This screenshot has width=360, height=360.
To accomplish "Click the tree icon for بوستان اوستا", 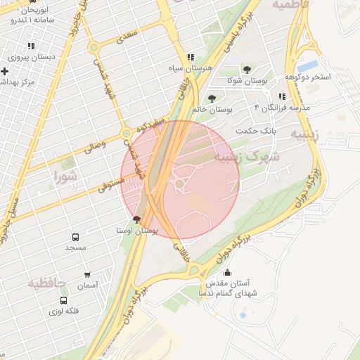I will pos(136,219).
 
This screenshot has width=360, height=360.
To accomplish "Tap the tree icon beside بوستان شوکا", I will pos(247,70).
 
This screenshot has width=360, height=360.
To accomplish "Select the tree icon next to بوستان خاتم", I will pos(212,98).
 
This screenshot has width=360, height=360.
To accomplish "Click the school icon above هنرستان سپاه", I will pos(190,58).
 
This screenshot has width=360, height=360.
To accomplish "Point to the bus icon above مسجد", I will pos(75,237).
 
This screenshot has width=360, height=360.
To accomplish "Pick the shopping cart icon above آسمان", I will pos(87,275).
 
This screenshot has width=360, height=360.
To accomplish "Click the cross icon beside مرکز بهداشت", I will pos(5,71).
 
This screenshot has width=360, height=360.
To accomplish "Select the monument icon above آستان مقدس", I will pos(226,273).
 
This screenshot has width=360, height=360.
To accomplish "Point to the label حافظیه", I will pos(47,283).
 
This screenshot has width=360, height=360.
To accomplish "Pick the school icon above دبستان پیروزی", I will pos(31,46).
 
